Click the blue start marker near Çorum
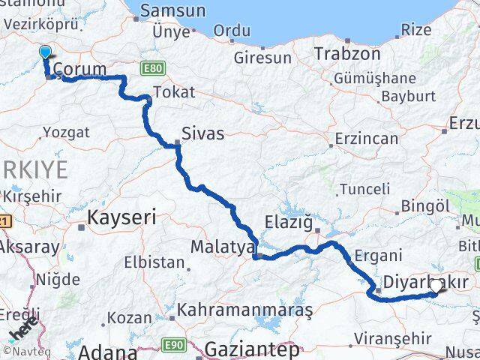[45, 52]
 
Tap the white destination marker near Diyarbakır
[435, 286]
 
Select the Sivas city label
[202, 134]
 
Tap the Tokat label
[173, 92]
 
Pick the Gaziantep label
[251, 349]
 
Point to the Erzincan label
[366, 139]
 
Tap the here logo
[22, 330]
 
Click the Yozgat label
[66, 132]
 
